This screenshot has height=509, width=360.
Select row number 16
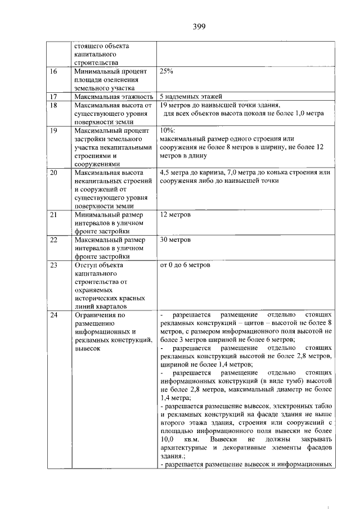tap(54, 71)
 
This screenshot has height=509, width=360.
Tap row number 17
tap(54, 96)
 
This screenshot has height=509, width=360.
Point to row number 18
tap(54, 105)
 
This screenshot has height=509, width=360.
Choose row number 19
tap(54, 130)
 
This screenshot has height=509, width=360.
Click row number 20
tap(54, 172)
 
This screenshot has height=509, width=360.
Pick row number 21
tap(54, 215)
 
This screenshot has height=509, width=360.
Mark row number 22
tap(54, 240)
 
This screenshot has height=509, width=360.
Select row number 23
tap(54, 264)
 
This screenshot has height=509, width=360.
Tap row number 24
tap(54, 315)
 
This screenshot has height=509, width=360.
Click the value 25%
tap(166, 71)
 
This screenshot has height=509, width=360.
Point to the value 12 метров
tap(175, 215)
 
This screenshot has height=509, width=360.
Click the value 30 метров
tap(175, 240)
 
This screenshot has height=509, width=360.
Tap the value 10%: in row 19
tap(168, 130)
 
